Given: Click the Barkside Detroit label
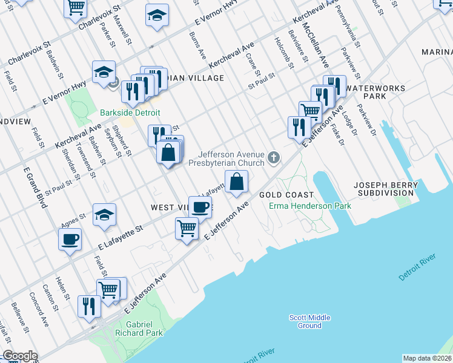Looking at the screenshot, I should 130,113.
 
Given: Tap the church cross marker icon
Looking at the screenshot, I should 274,159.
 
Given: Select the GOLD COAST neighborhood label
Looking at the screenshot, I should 286,195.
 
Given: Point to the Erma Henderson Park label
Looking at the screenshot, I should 310,206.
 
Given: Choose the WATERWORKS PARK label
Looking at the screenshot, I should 375,92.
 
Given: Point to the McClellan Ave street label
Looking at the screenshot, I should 316,45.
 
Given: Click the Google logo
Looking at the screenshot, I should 20,356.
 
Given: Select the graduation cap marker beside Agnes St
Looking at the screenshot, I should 104,215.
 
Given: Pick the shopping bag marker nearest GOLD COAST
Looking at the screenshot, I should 236,181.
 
